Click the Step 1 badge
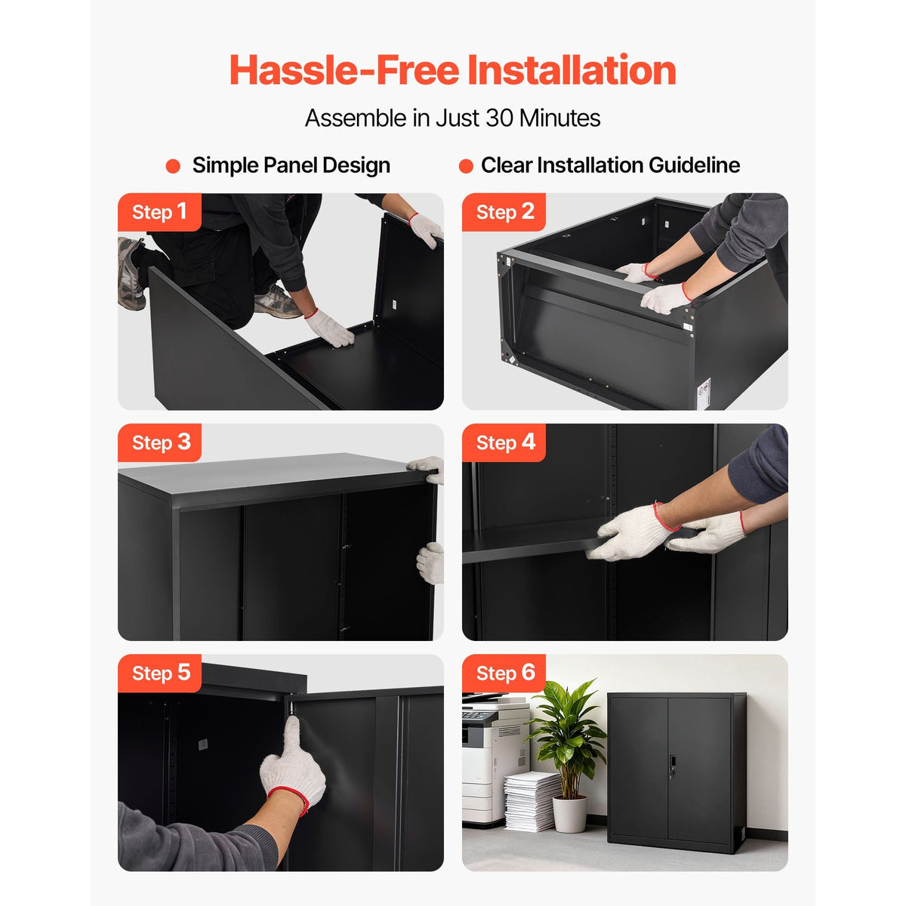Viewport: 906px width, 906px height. coord(159,212)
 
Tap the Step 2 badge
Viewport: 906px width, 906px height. coord(504,212)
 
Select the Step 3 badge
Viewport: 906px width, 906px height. coord(159,442)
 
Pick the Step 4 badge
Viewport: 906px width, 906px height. coord(504,442)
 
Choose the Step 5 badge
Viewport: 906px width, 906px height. coord(159,673)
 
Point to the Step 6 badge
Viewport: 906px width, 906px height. coord(504,673)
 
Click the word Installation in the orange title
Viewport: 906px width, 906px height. coord(572,70)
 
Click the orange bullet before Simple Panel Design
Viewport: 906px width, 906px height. coord(173,166)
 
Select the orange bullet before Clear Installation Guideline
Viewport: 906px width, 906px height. coord(466,166)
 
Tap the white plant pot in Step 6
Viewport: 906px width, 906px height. coord(569,814)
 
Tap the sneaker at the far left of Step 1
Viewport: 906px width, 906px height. coord(131,273)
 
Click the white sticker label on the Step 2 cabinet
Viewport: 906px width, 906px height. coord(704,393)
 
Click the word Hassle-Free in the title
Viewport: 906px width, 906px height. coord(344,70)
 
